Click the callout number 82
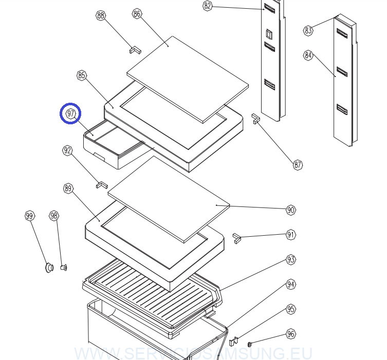pyautogui.click(x=207, y=6)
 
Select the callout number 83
pyautogui.click(x=308, y=30)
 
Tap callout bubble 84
pyautogui.click(x=308, y=55)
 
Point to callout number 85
pyautogui.click(x=82, y=75)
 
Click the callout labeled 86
pyautogui.click(x=137, y=14)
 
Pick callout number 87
pyautogui.click(x=298, y=165)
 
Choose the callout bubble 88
pyautogui.click(x=101, y=15)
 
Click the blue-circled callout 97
pyautogui.click(x=71, y=113)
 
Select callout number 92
pyautogui.click(x=67, y=150)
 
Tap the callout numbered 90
pyautogui.click(x=291, y=210)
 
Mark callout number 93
pyautogui.click(x=291, y=260)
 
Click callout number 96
pyautogui.click(x=291, y=334)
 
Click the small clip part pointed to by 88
pyautogui.click(x=135, y=50)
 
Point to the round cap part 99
pyautogui.click(x=49, y=267)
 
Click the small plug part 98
pyautogui.click(x=64, y=267)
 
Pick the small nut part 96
pyautogui.click(x=250, y=343)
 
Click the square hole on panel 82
pyautogui.click(x=269, y=34)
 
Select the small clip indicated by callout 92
pyautogui.click(x=102, y=184)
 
